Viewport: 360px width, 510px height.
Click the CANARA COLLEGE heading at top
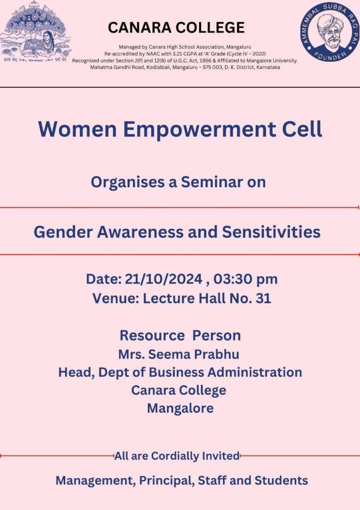click(176, 28)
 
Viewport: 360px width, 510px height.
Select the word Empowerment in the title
click(200, 129)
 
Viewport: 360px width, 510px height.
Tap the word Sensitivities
click(271, 232)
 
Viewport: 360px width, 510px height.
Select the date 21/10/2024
click(164, 279)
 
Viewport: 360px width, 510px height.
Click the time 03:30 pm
click(245, 279)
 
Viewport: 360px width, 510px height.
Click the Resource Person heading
click(180, 336)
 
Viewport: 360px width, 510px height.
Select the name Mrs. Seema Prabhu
click(179, 354)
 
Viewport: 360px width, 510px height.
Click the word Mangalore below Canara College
click(180, 408)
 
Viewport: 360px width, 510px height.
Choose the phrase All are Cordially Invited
click(177, 456)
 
